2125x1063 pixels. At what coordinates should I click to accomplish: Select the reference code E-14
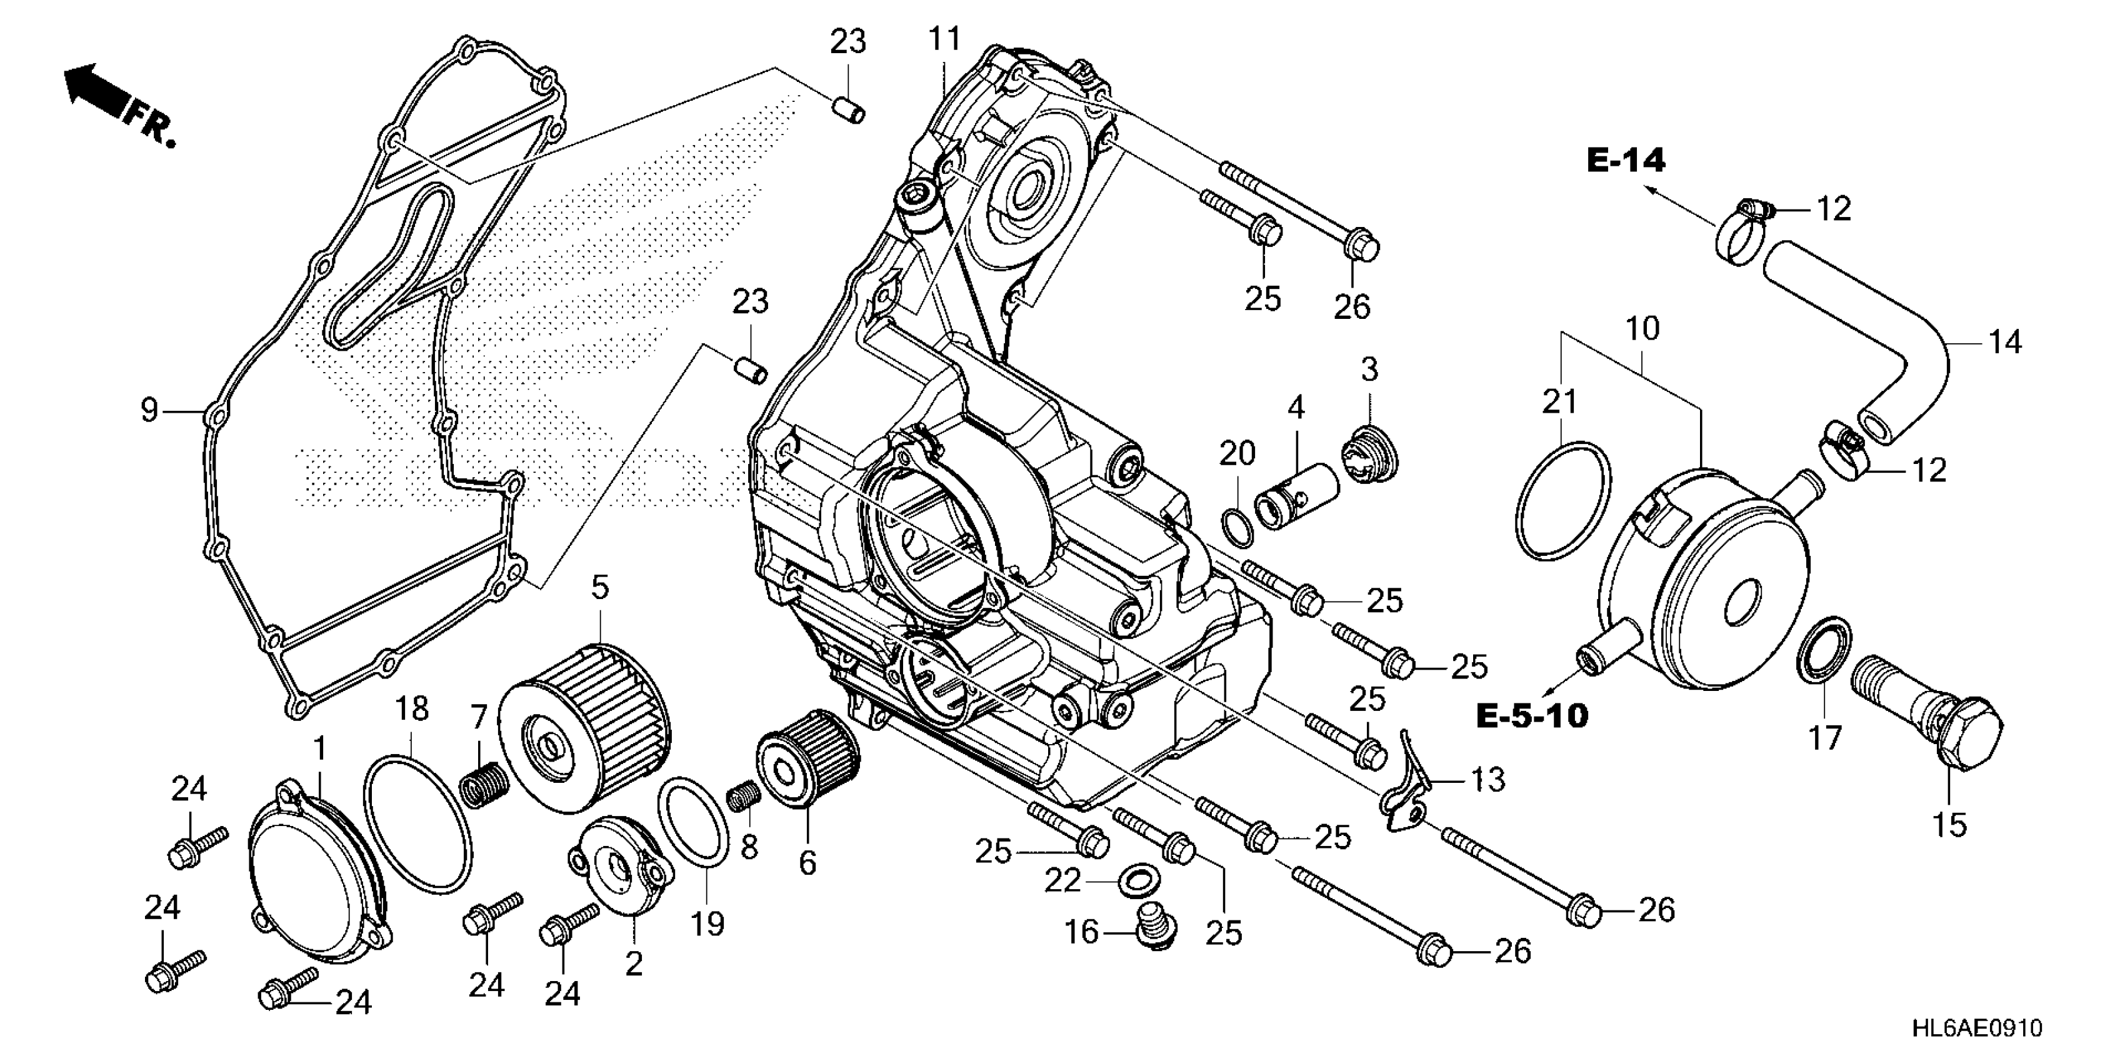1625,160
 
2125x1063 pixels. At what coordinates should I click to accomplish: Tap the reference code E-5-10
1531,715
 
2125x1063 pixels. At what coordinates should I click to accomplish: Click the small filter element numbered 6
807,758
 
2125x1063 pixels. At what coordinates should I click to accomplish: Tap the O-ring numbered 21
1563,501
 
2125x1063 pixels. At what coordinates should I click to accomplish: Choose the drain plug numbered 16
1154,929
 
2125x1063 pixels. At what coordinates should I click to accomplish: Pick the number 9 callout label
149,410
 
